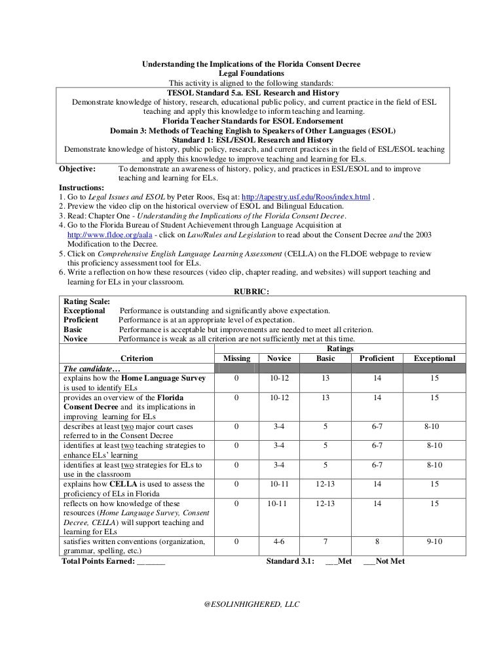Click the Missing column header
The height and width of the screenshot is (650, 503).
236,358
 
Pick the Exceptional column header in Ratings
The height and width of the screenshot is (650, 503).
434,358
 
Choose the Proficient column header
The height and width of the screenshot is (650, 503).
377,358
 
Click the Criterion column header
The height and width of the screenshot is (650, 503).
137,358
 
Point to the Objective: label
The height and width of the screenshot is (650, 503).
77,169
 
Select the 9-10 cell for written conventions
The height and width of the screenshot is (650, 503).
434,542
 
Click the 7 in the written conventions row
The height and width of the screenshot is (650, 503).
325,542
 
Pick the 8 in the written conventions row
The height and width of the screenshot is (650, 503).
377,542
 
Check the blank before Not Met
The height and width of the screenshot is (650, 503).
369,561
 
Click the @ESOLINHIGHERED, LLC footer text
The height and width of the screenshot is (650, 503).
252,605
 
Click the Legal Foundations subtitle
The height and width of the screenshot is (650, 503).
251,74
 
